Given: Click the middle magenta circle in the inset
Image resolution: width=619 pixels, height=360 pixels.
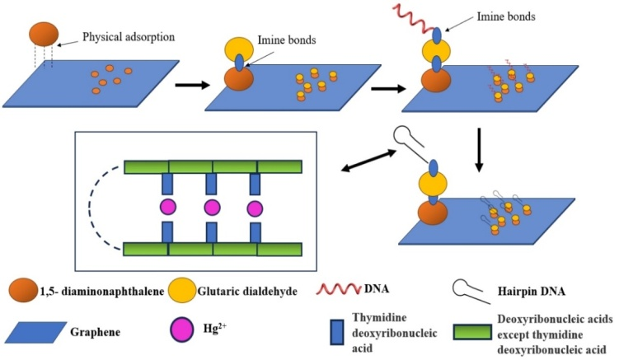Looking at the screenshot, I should [x=212, y=206].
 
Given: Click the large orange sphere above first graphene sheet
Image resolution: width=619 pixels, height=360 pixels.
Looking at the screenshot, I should [x=45, y=34].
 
